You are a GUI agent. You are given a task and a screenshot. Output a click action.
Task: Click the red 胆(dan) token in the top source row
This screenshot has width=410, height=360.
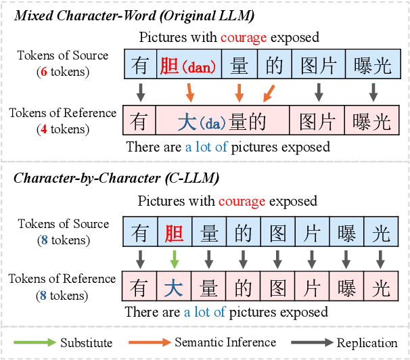point(187,66)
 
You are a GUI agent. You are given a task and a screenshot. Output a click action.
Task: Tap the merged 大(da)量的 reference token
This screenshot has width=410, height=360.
point(223,121)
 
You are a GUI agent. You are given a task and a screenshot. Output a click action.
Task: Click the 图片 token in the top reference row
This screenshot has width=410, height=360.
point(317,121)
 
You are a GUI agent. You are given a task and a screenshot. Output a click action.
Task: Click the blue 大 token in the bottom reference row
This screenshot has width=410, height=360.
point(175,287)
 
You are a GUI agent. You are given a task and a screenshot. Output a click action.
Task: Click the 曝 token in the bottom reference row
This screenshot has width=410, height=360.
point(346,287)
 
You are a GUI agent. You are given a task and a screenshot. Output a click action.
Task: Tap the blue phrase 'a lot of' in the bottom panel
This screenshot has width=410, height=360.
point(206,312)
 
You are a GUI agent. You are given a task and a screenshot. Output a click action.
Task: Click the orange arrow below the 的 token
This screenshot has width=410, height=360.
point(269,92)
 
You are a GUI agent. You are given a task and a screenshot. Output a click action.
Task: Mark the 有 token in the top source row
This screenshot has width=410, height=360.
point(140,66)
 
